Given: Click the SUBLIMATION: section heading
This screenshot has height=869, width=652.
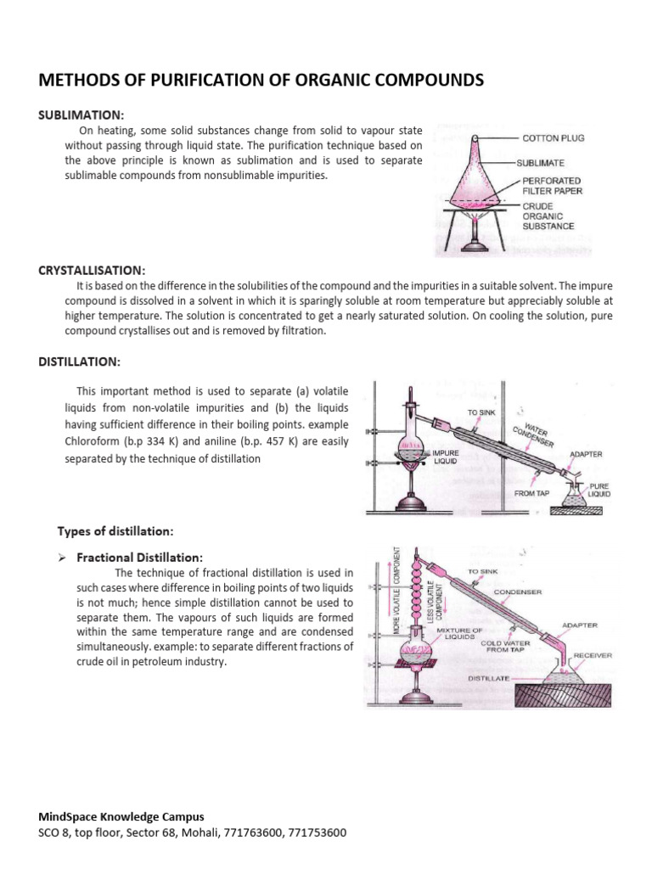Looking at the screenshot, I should (81, 115).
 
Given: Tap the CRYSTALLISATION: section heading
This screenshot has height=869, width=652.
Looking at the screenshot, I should (92, 270).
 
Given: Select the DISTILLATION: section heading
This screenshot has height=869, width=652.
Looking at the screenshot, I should (80, 362).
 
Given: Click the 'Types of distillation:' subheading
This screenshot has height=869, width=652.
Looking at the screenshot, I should (115, 531).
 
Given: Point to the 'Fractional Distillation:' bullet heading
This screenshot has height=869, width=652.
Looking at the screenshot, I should (140, 558).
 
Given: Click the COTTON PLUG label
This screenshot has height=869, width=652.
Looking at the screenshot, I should (553, 137).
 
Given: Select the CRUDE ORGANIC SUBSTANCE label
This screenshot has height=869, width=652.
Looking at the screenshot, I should (548, 216).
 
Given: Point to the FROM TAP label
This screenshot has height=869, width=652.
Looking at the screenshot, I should (532, 492).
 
